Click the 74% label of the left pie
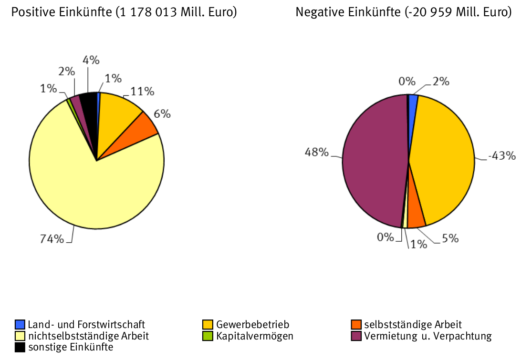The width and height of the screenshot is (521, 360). (x=52, y=239)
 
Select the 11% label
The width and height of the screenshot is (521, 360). (x=142, y=91)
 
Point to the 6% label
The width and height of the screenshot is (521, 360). (x=162, y=114)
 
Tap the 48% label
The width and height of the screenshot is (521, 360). (x=317, y=153)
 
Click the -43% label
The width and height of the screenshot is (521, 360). (x=501, y=156)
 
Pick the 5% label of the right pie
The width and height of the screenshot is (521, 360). (x=449, y=238)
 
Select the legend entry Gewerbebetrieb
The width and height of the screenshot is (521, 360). (x=252, y=325)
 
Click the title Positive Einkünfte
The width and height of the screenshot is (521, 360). (x=124, y=12)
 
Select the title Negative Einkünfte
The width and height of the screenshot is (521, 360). (x=403, y=12)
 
